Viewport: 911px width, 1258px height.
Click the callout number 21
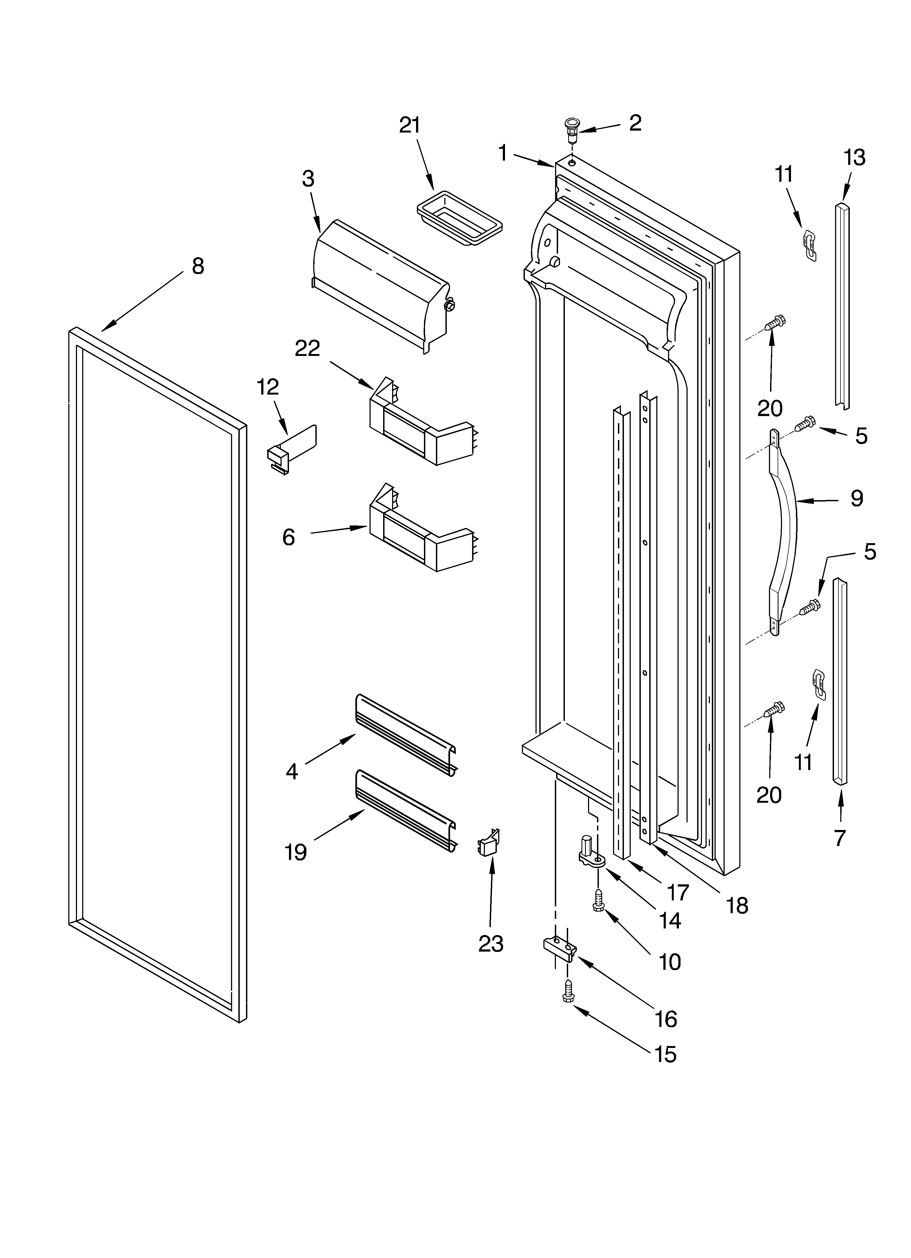point(410,125)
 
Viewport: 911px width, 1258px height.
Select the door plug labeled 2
point(571,130)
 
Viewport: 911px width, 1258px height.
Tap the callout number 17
point(678,892)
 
